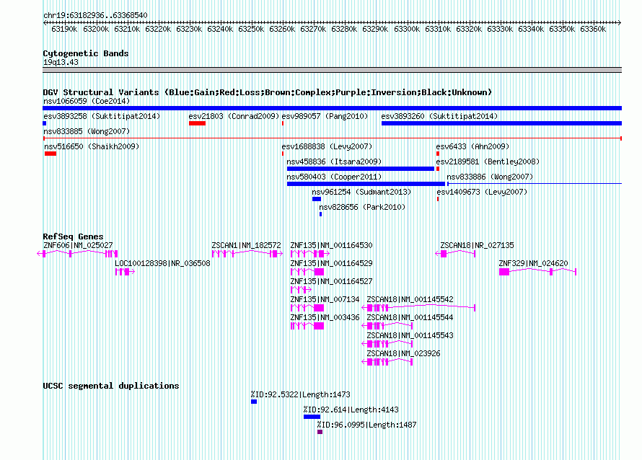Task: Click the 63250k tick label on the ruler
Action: pyautogui.click(x=251, y=29)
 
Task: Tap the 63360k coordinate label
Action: pyautogui.click(x=593, y=29)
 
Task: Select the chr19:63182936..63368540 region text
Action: pyautogui.click(x=95, y=15)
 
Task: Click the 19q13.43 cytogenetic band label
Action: pyautogui.click(x=61, y=62)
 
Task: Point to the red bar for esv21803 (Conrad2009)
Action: pyautogui.click(x=197, y=123)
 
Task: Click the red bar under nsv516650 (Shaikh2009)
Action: pyautogui.click(x=50, y=154)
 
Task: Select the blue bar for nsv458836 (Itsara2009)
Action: pyautogui.click(x=360, y=169)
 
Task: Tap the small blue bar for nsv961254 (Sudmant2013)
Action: pyautogui.click(x=317, y=199)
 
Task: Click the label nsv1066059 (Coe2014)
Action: pyautogui.click(x=87, y=101)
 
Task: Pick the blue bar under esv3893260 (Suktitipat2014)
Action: pyautogui.click(x=501, y=123)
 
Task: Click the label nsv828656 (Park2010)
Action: pyautogui.click(x=362, y=207)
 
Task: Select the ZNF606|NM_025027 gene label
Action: pyautogui.click(x=78, y=245)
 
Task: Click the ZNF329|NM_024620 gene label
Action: pyautogui.click(x=533, y=263)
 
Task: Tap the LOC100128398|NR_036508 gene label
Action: pyautogui.click(x=162, y=263)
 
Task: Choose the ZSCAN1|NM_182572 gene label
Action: pyautogui.click(x=246, y=245)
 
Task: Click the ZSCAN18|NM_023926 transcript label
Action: pyautogui.click(x=403, y=353)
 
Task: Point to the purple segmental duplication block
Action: pyautogui.click(x=320, y=432)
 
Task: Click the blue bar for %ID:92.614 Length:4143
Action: pyautogui.click(x=312, y=417)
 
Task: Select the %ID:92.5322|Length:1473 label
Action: pyautogui.click(x=301, y=394)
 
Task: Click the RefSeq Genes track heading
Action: pyautogui.click(x=73, y=236)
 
